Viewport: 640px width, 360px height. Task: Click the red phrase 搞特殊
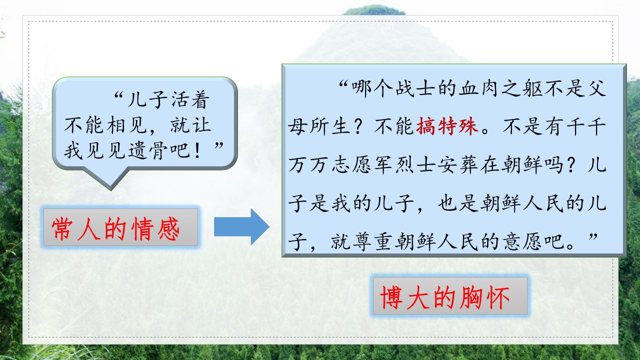pyautogui.click(x=447, y=126)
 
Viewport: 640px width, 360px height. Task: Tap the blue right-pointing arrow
pyautogui.click(x=241, y=227)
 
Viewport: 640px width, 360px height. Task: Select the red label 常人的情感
pyautogui.click(x=115, y=228)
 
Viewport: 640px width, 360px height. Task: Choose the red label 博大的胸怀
pyautogui.click(x=445, y=297)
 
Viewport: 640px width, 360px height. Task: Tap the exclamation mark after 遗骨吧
pyautogui.click(x=197, y=151)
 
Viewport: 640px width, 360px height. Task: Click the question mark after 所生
pyautogui.click(x=359, y=126)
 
